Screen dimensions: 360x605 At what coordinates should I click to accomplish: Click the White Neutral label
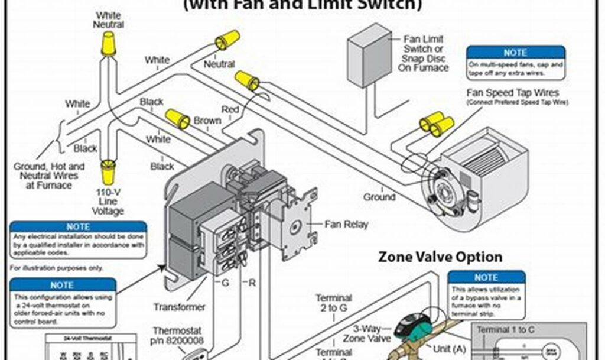[108, 20]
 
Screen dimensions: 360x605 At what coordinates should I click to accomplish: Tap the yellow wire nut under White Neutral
[108, 44]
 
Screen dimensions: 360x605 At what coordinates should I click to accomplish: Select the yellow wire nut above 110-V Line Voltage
[108, 172]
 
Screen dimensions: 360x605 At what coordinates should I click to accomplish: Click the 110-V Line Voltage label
[108, 202]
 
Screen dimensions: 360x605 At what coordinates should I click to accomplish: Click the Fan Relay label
[346, 225]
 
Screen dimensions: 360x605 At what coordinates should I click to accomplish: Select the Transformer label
[180, 307]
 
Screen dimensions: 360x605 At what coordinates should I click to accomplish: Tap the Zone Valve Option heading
[440, 257]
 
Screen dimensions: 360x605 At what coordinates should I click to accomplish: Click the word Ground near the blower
[379, 197]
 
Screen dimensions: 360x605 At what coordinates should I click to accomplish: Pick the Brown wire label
[207, 121]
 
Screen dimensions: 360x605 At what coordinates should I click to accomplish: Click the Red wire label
[230, 109]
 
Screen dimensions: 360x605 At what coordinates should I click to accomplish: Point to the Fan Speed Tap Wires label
[513, 93]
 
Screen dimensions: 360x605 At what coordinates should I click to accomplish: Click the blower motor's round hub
[441, 187]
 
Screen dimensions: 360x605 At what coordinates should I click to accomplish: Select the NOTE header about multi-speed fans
[515, 53]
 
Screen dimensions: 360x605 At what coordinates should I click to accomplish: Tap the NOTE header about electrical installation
[78, 226]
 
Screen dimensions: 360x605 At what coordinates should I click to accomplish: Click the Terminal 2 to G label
[334, 303]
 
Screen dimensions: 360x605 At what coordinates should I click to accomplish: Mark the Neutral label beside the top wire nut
[219, 64]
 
